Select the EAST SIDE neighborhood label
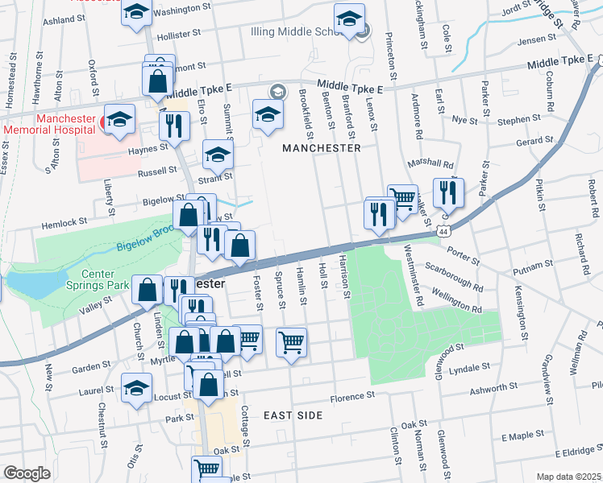coord(293,415)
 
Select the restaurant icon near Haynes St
coord(173,125)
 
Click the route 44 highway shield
coord(444,230)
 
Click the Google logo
coord(27,473)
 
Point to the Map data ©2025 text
coord(569,477)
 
